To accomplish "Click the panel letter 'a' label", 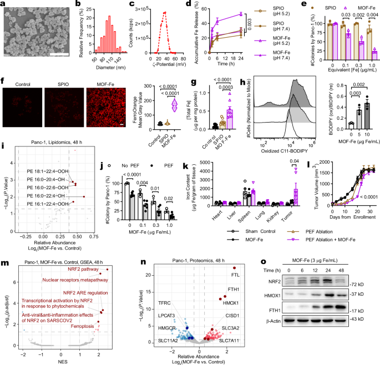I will click(x=3, y=4).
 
